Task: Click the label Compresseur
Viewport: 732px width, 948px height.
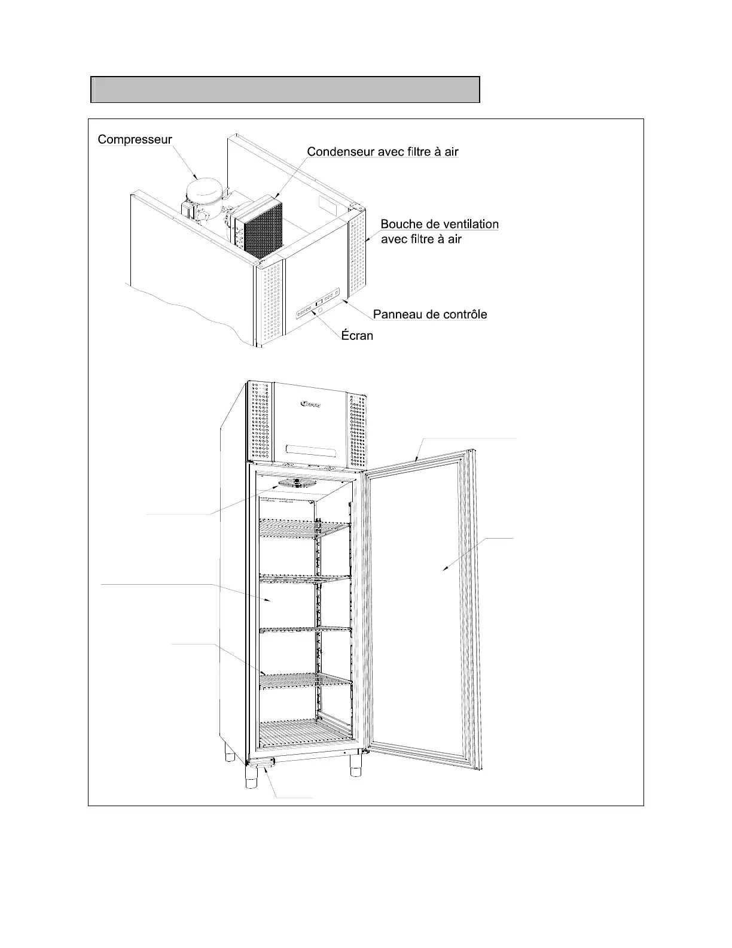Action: [135, 139]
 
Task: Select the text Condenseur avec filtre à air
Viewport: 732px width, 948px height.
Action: [382, 151]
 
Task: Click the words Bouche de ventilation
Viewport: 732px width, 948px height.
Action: [440, 224]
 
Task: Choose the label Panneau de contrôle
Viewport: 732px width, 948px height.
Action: [429, 314]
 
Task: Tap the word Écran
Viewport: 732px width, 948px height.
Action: [357, 335]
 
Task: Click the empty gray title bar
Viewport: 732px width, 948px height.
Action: [285, 90]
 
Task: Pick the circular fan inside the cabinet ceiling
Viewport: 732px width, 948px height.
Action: [297, 483]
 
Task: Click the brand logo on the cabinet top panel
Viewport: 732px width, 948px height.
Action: [309, 405]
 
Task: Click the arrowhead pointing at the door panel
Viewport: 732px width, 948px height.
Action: [444, 569]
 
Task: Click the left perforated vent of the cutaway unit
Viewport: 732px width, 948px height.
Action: [270, 304]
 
